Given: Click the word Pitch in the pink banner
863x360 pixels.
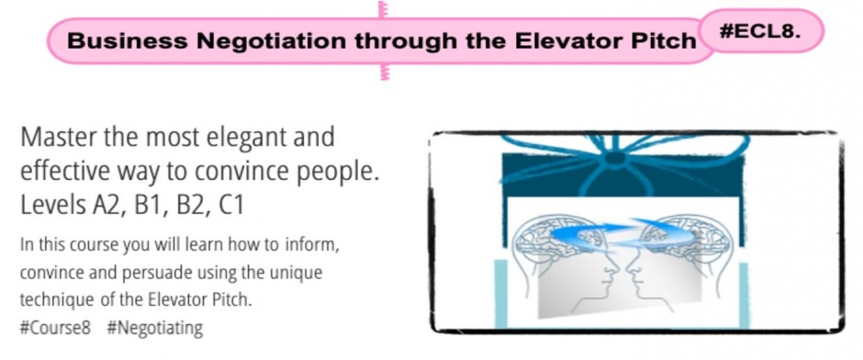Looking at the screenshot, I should pyautogui.click(x=662, y=41).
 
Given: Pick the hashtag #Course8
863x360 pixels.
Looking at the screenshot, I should pyautogui.click(x=54, y=326).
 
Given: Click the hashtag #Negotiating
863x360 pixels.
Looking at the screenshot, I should pyautogui.click(x=154, y=326).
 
